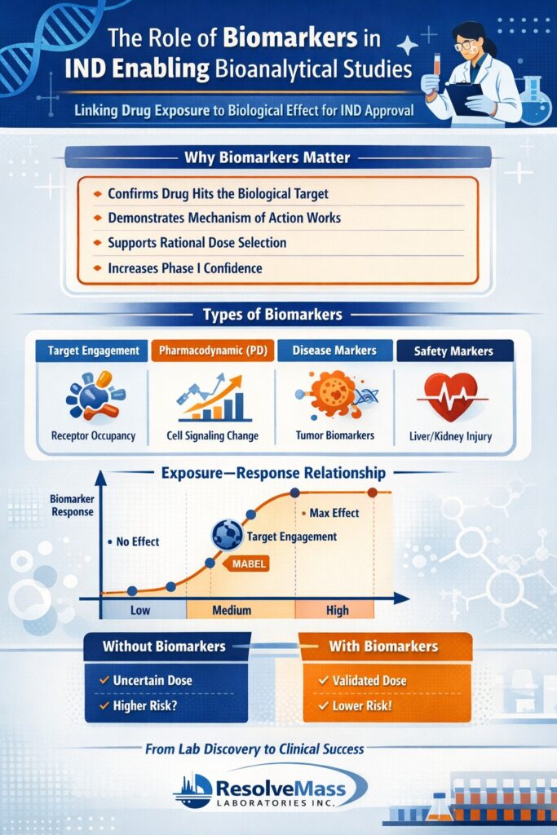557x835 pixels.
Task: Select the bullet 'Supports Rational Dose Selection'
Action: [197, 243]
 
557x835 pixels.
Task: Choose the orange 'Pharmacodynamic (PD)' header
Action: [210, 351]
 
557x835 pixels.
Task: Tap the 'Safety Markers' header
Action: [455, 351]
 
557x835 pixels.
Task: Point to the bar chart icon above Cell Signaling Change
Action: [214, 398]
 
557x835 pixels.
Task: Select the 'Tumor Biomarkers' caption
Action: [334, 435]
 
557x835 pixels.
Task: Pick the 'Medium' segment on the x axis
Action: [231, 610]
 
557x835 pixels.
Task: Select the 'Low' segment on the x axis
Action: [140, 610]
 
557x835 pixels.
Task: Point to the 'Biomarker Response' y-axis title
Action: [72, 506]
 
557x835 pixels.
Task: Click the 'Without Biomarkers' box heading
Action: [164, 647]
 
